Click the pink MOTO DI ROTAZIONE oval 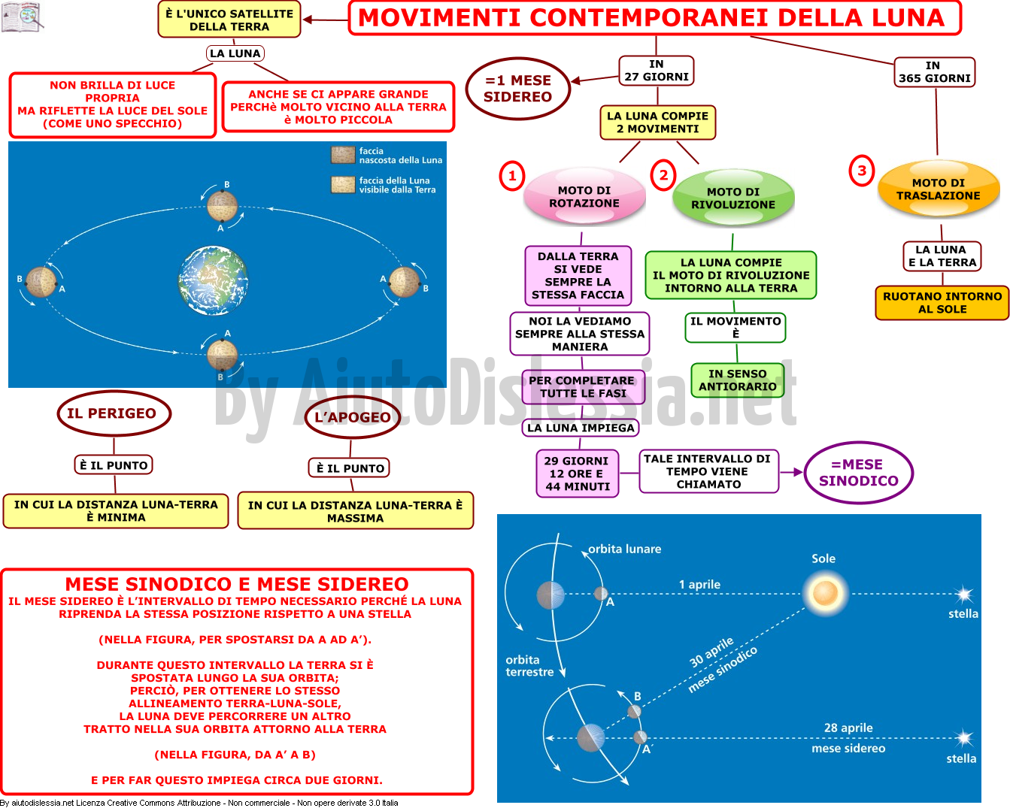click(584, 197)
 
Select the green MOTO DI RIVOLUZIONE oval click(733, 198)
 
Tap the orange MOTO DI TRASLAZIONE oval click(939, 189)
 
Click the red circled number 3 click(862, 171)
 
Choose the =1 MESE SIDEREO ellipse click(518, 88)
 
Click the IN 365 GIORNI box click(935, 72)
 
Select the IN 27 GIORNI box click(656, 71)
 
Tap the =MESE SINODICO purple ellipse click(858, 472)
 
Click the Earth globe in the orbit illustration click(214, 280)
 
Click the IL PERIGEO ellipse click(114, 413)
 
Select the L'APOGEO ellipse click(353, 417)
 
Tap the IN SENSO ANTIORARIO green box click(737, 380)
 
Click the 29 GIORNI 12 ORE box click(577, 474)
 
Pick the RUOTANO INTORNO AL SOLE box click(942, 303)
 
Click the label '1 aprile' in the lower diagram click(699, 584)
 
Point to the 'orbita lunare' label click(625, 549)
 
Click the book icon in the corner click(22, 17)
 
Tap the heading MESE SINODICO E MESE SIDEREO click(237, 584)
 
